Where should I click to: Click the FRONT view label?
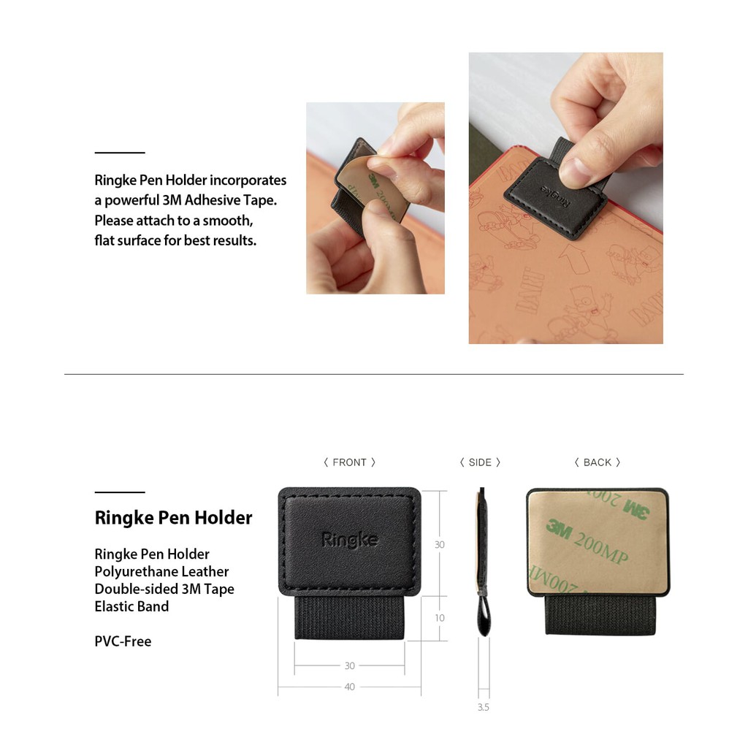[349, 462]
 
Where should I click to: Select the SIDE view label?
[480, 462]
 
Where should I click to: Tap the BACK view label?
[597, 462]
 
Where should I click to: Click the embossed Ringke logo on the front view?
[349, 540]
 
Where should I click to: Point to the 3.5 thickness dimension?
[483, 707]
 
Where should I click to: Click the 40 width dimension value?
[349, 687]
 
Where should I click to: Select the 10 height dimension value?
[439, 618]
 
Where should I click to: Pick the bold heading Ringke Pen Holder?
[173, 518]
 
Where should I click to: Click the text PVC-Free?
[123, 641]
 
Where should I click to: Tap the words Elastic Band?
[131, 606]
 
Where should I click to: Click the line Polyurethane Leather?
[161, 571]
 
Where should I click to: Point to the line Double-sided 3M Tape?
[164, 589]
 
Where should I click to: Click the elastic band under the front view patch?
[349, 618]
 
